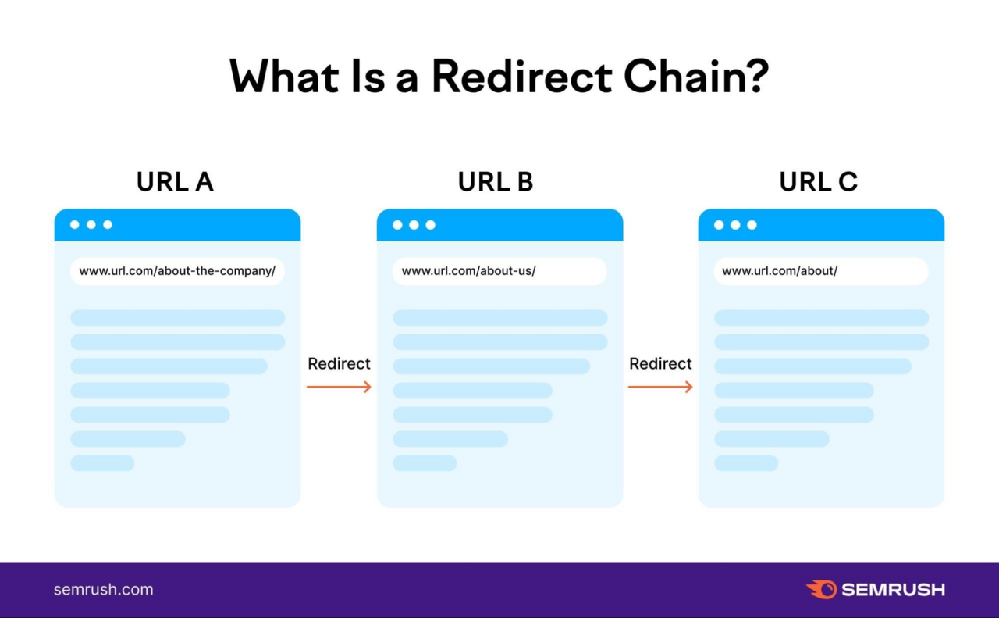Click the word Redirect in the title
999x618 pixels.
pyautogui.click(x=521, y=77)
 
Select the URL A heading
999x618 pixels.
pyautogui.click(x=175, y=182)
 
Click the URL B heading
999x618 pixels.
pyautogui.click(x=496, y=182)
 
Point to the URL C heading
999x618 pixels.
pyautogui.click(x=818, y=182)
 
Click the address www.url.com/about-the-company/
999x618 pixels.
pyautogui.click(x=177, y=271)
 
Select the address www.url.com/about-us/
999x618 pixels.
pyautogui.click(x=468, y=271)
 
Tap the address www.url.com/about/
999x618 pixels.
pyautogui.click(x=780, y=271)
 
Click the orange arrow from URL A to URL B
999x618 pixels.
pyautogui.click(x=339, y=387)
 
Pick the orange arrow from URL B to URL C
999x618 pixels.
pyautogui.click(x=660, y=387)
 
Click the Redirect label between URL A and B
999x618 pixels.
pyautogui.click(x=339, y=363)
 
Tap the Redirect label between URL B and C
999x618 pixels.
pyautogui.click(x=660, y=363)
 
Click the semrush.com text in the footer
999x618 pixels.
pyautogui.click(x=103, y=590)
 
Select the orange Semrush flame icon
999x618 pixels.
pyautogui.click(x=821, y=589)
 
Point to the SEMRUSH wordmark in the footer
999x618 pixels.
pyautogui.click(x=893, y=590)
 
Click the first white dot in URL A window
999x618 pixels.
pyautogui.click(x=75, y=225)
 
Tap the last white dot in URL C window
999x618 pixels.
pyautogui.click(x=752, y=225)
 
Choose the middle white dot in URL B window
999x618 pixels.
pyautogui.click(x=414, y=225)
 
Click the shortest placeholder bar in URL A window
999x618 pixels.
pyautogui.click(x=102, y=463)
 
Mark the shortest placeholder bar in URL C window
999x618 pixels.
pyautogui.click(x=746, y=463)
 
